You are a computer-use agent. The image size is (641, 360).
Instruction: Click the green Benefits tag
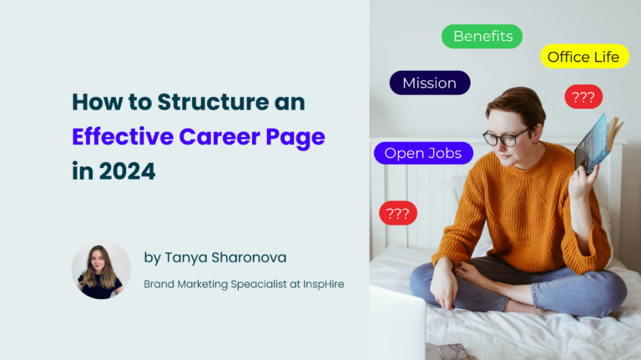482,37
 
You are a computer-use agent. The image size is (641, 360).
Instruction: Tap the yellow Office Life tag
584,57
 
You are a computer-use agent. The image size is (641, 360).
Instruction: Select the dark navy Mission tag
430,83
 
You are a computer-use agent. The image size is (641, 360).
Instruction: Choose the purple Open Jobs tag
423,154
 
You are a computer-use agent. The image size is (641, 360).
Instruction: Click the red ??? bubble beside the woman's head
583,97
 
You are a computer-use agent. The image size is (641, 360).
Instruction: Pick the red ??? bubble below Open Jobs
398,213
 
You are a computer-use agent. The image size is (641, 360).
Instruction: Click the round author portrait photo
101,270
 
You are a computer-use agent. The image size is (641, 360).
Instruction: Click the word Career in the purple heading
220,137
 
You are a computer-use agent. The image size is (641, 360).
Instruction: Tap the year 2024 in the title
127,171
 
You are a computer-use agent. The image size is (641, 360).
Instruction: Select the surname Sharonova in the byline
249,257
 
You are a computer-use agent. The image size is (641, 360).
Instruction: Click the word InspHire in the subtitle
323,284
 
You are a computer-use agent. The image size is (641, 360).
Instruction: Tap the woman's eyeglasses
506,137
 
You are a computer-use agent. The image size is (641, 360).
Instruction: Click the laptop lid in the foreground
397,323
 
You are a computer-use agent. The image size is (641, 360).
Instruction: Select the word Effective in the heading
123,137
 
